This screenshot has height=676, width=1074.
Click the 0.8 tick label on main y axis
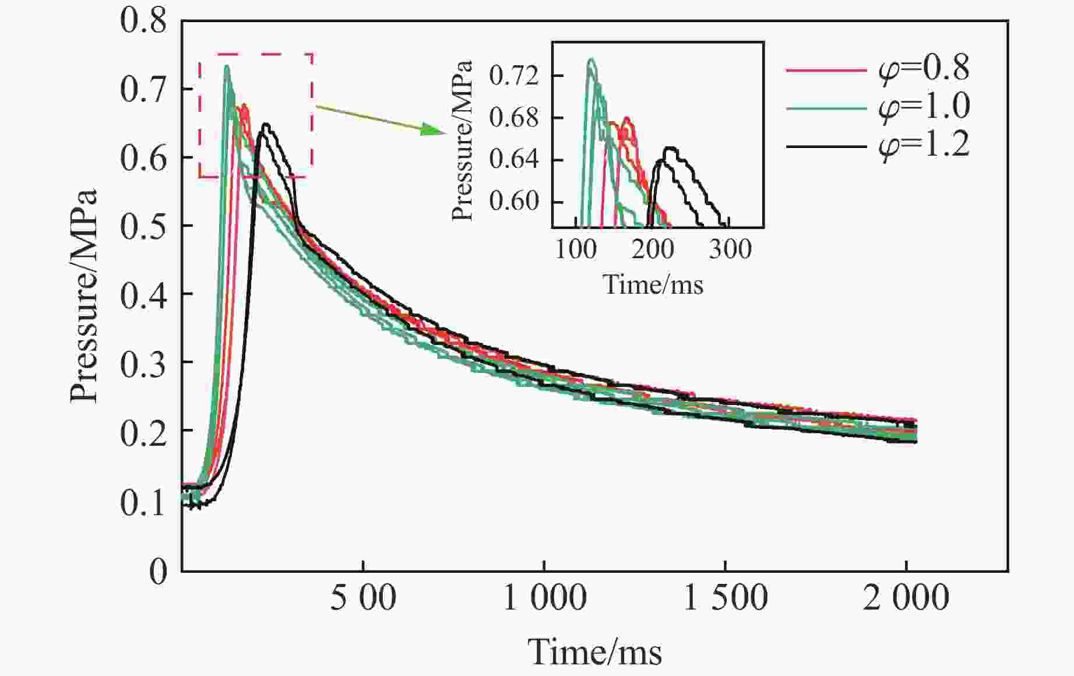[143, 21]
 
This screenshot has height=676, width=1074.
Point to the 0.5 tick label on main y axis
[143, 226]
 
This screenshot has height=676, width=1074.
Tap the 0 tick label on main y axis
[157, 571]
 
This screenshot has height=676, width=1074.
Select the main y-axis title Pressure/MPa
[83, 296]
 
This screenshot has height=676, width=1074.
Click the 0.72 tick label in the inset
[514, 76]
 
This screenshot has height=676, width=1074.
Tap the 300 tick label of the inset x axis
[730, 250]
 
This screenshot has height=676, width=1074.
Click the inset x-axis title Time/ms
[653, 285]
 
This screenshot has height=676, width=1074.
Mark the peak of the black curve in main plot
[266, 124]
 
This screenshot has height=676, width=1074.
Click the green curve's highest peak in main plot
[227, 66]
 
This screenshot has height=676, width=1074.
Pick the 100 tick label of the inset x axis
[576, 250]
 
